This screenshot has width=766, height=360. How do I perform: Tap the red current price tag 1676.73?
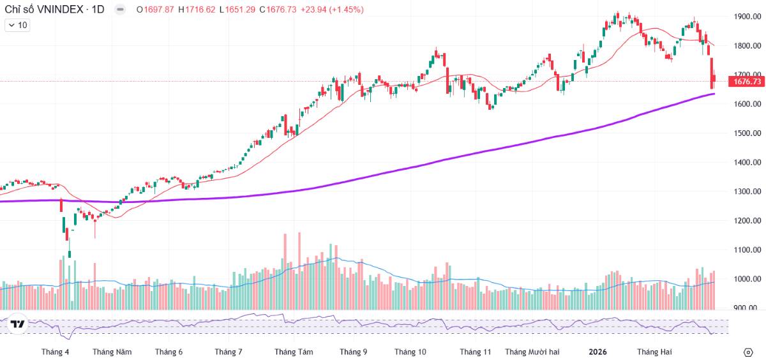click(x=747, y=82)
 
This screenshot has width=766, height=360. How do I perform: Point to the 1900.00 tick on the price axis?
click(x=747, y=17)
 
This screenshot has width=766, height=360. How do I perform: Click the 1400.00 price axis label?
click(x=747, y=162)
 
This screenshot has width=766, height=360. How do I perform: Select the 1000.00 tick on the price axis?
click(x=747, y=279)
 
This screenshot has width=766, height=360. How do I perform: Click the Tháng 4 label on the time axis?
click(x=55, y=352)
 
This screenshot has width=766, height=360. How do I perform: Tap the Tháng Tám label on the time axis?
click(x=294, y=352)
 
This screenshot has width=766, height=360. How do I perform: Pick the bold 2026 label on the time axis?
click(x=597, y=352)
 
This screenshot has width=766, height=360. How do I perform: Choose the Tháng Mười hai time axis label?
click(x=532, y=352)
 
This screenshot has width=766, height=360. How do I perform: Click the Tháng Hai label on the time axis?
click(x=654, y=352)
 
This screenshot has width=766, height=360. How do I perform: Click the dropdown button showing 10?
click(x=17, y=25)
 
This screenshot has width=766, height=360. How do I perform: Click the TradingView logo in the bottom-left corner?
click(x=18, y=324)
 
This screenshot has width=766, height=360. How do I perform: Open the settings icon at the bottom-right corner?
click(x=748, y=352)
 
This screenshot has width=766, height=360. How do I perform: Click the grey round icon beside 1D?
click(x=119, y=10)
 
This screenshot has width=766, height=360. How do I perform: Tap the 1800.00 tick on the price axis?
click(x=747, y=46)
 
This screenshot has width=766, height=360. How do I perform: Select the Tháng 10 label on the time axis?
click(x=410, y=352)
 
